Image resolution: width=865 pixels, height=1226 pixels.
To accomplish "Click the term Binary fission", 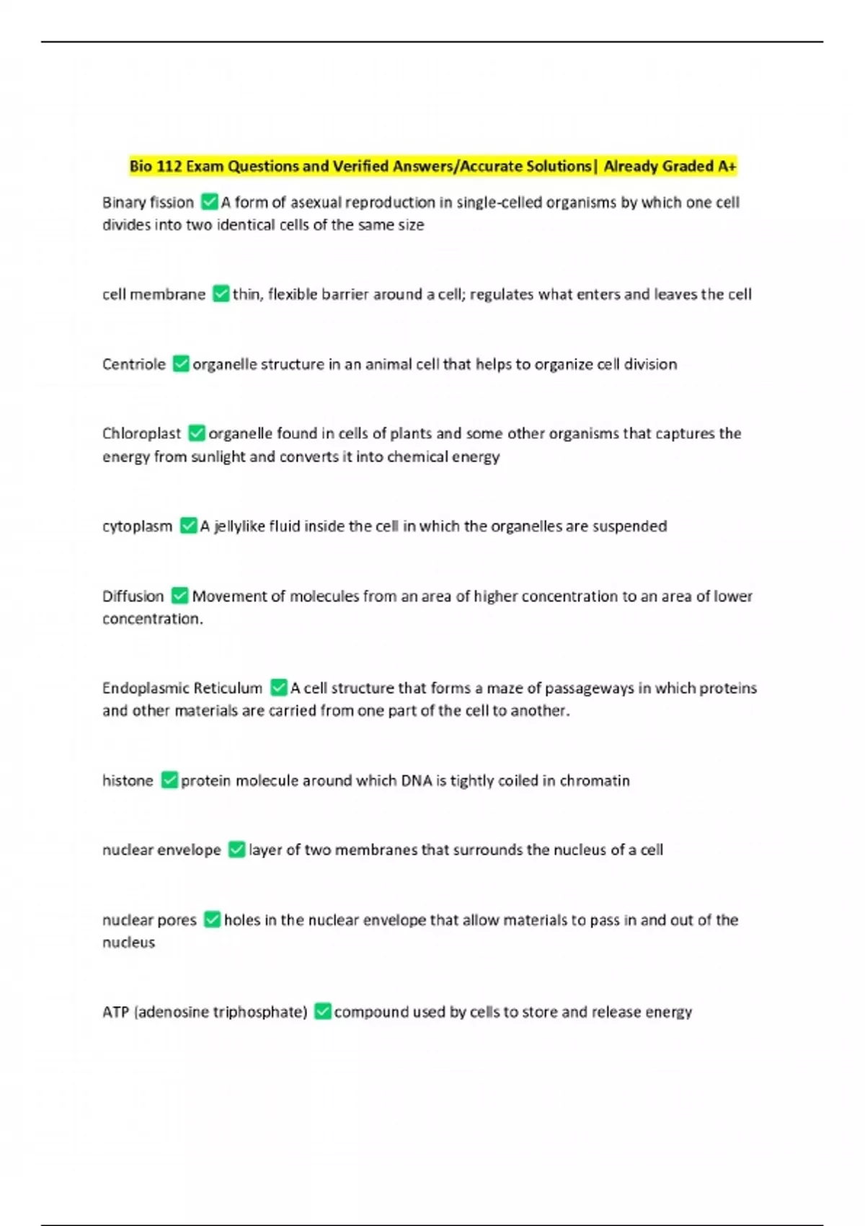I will click(148, 203).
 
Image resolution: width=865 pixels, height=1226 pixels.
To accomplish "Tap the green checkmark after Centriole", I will click(182, 364).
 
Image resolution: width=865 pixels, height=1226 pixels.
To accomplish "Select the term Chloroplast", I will click(141, 433).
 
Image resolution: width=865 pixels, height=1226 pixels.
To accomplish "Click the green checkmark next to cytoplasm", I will click(188, 526).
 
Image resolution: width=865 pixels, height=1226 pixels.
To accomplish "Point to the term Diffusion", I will click(133, 596).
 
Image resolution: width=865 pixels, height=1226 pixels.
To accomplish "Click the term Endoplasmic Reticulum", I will click(182, 688).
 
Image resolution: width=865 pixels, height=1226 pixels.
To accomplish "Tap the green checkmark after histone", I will click(169, 780).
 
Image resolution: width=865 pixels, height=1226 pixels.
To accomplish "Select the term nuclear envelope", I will click(161, 850).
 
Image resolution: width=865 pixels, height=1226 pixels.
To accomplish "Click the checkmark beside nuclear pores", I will click(212, 919).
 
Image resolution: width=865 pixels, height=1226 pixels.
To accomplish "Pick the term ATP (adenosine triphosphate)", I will click(205, 1012).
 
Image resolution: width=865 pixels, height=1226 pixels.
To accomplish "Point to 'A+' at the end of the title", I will click(727, 167).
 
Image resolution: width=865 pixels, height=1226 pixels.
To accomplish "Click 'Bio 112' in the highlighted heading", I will click(155, 167).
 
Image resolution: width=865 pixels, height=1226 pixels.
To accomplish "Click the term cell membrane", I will click(154, 294).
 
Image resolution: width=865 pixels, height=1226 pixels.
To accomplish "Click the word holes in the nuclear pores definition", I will click(241, 919).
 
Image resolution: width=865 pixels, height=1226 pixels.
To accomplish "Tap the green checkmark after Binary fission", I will click(210, 202).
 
